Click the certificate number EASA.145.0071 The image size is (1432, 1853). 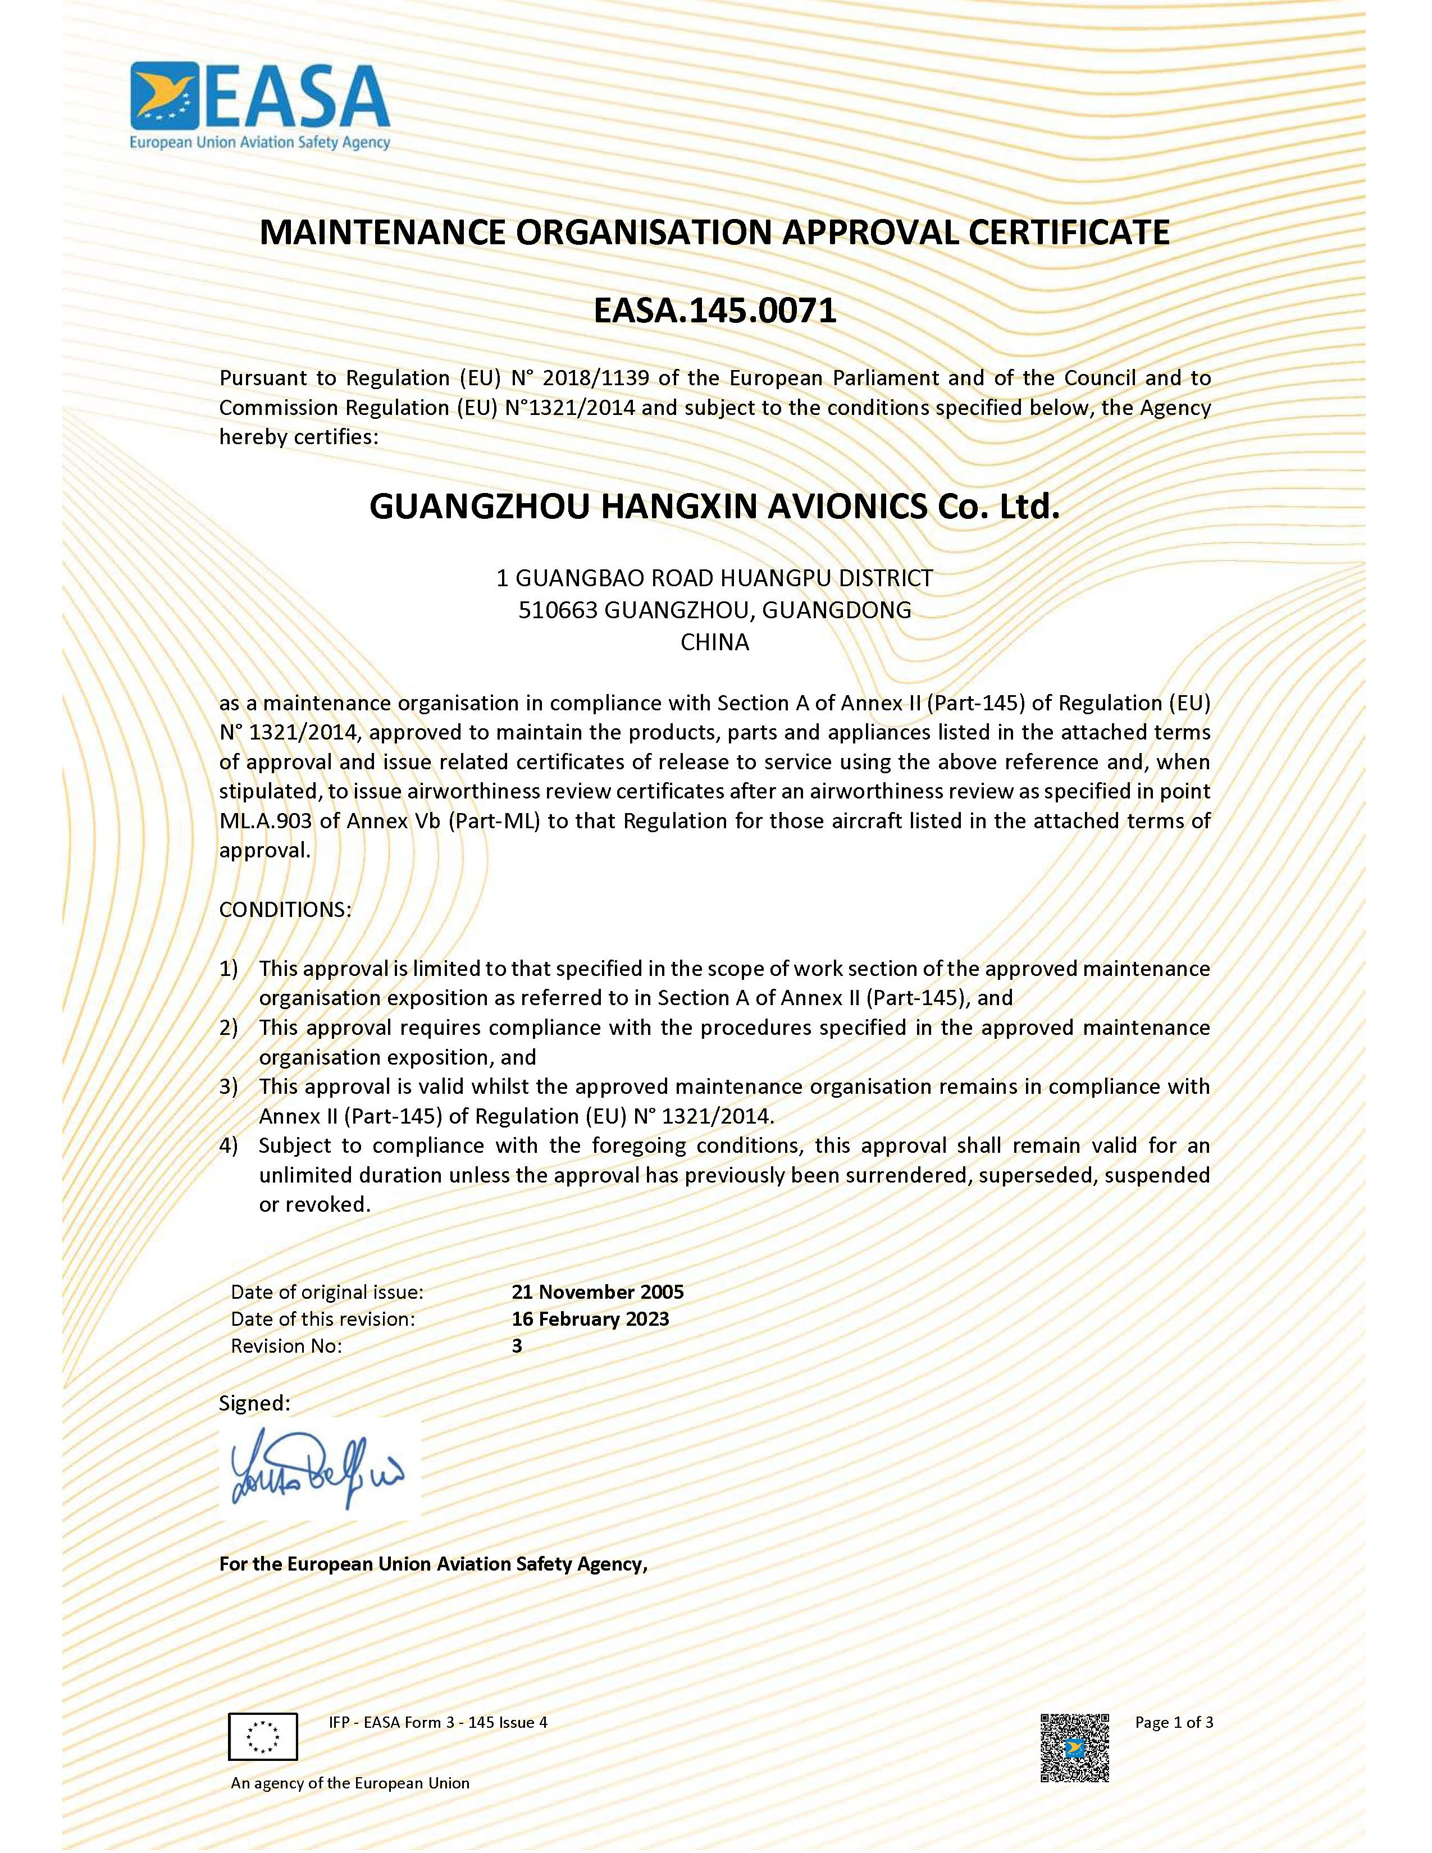coord(714,311)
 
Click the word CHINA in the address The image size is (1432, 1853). coord(714,642)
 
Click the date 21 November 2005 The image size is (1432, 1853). coord(598,1291)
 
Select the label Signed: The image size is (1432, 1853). coord(254,1403)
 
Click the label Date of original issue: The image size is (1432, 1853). coord(327,1291)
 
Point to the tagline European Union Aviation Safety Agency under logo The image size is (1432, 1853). coord(259,143)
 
